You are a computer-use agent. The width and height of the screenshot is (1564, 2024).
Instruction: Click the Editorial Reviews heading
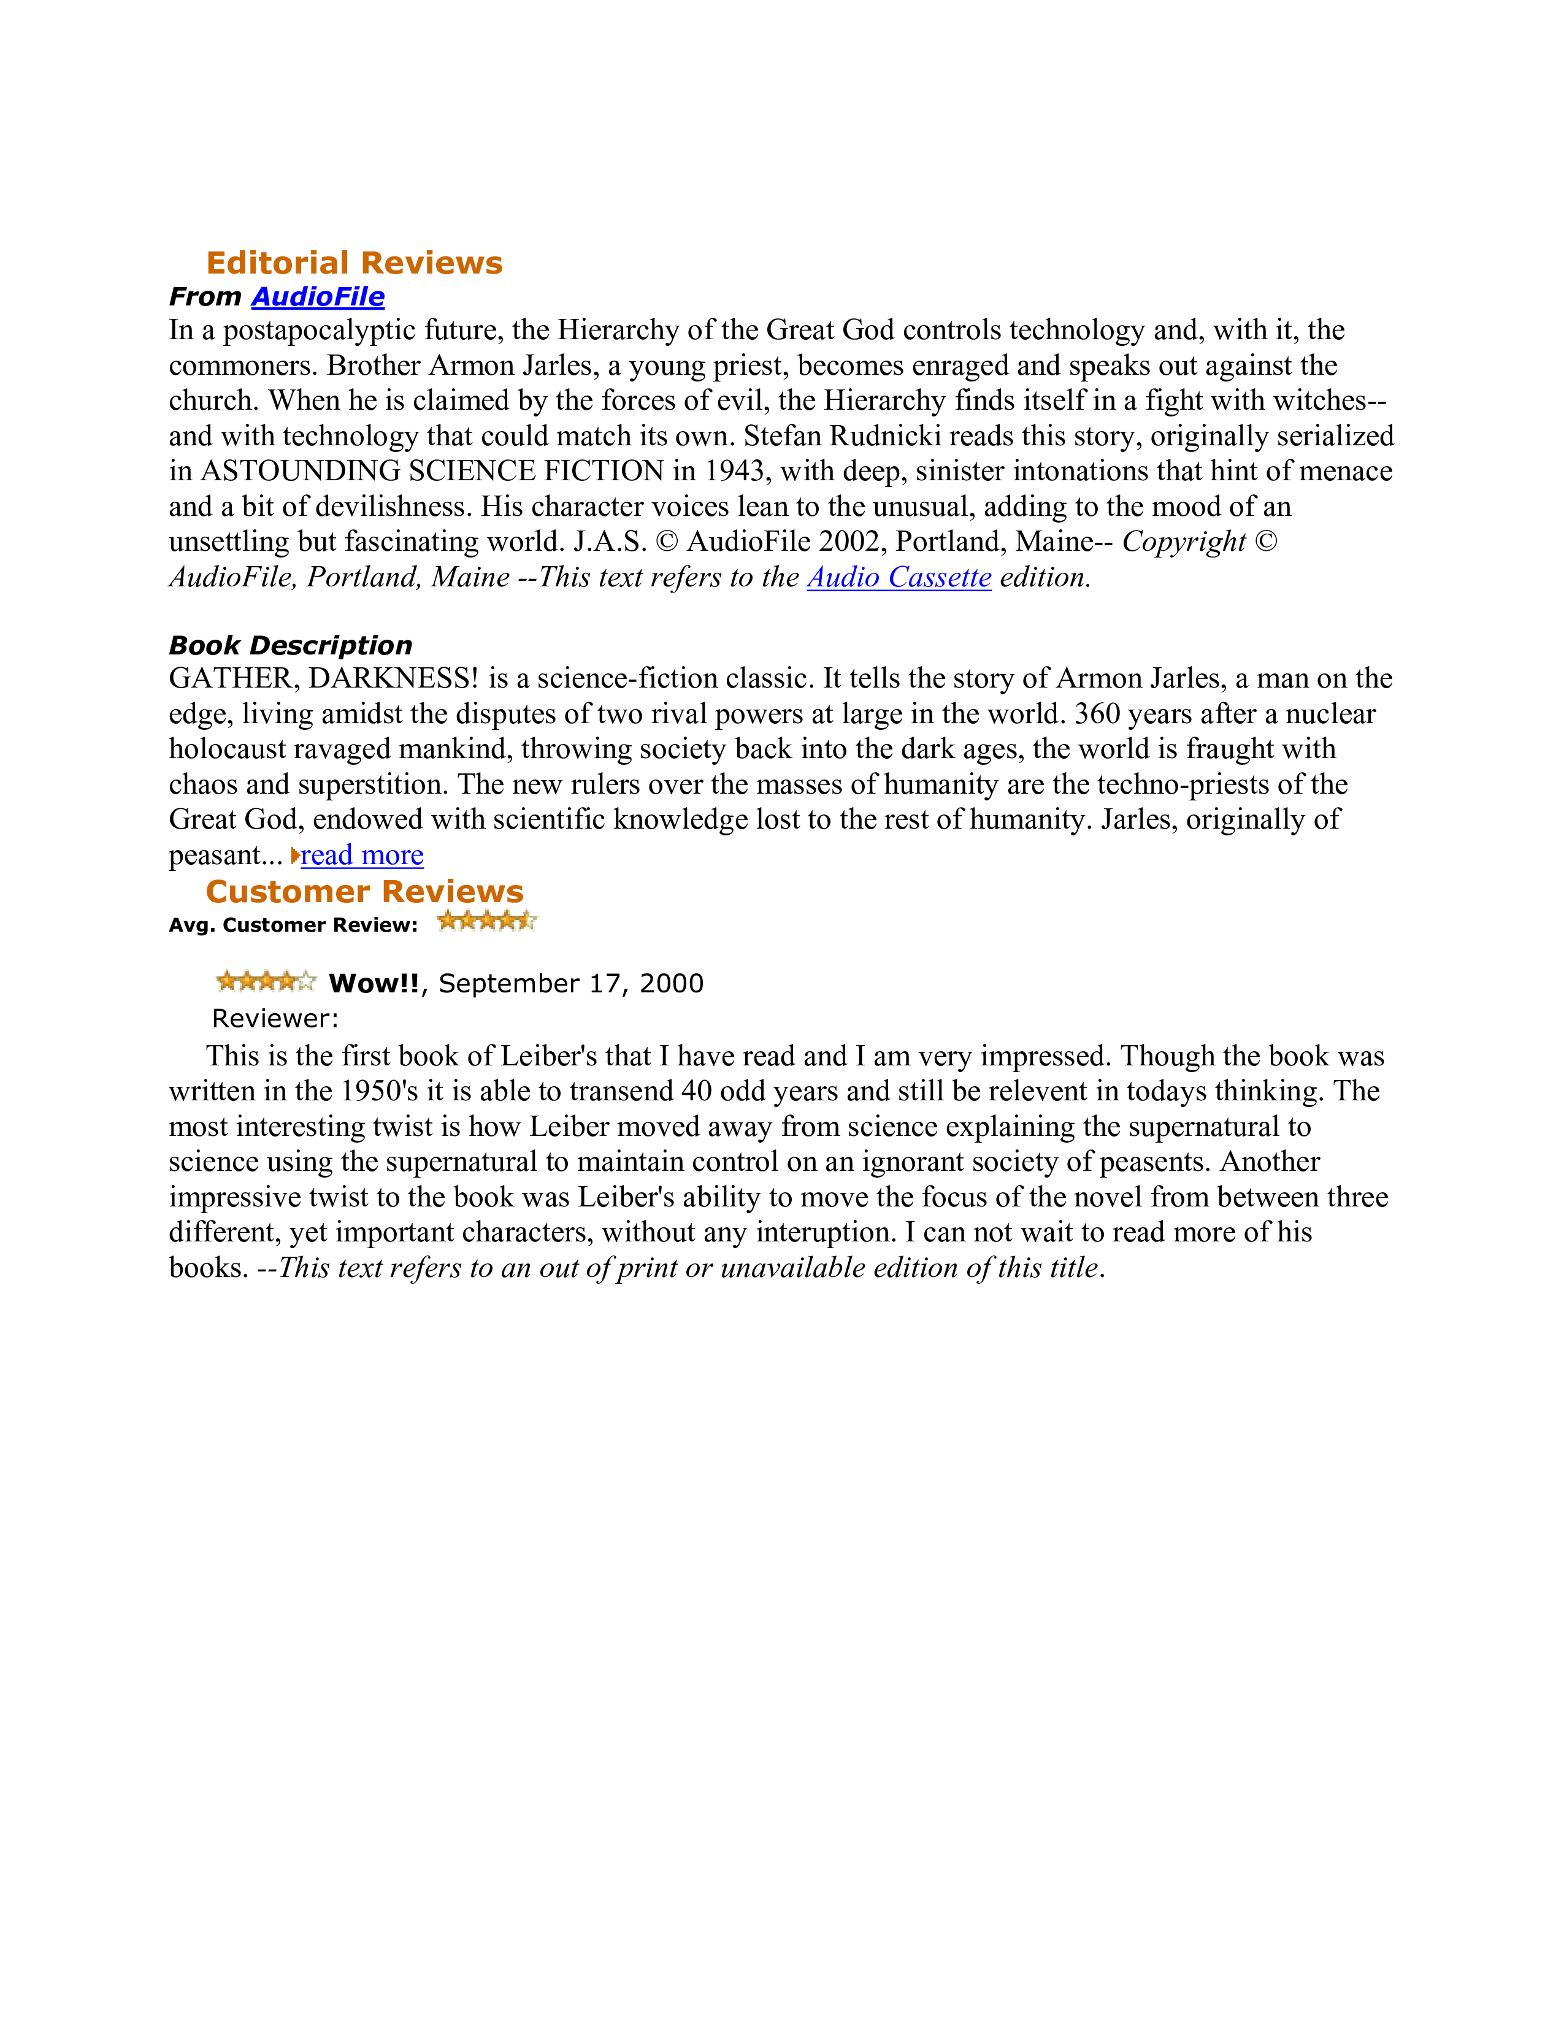(354, 263)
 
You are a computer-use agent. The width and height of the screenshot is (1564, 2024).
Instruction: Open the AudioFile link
(318, 297)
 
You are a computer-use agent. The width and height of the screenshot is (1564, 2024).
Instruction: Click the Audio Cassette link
(899, 577)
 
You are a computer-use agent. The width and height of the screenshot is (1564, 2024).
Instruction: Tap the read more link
(361, 854)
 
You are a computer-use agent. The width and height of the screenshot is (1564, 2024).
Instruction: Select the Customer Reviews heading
(364, 892)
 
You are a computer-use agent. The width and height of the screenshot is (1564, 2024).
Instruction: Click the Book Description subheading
(290, 645)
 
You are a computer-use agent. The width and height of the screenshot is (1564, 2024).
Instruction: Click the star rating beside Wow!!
(266, 981)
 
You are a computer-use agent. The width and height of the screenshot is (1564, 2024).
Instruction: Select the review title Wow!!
(374, 983)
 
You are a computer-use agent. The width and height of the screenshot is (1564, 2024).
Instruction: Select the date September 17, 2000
(571, 983)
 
